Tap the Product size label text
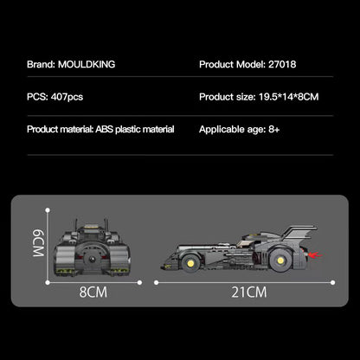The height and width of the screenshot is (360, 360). click(x=230, y=97)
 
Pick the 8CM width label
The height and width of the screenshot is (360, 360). click(x=93, y=292)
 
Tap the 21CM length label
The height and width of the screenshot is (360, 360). click(x=249, y=292)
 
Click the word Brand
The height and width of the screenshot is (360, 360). click(x=42, y=64)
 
